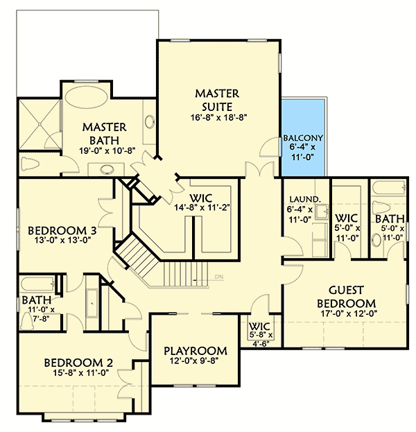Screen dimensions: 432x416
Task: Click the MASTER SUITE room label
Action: pyautogui.click(x=216, y=98)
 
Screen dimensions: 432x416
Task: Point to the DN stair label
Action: pyautogui.click(x=218, y=277)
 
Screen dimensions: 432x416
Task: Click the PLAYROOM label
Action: pyautogui.click(x=196, y=350)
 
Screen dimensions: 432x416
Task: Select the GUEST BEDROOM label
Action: pyautogui.click(x=346, y=296)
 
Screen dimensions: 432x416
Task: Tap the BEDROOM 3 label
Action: pyautogui.click(x=60, y=230)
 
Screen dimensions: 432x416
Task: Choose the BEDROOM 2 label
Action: pyautogui.click(x=78, y=362)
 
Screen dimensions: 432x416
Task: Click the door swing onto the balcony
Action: pyautogui.click(x=272, y=146)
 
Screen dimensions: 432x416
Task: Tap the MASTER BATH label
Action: pyautogui.click(x=104, y=133)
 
